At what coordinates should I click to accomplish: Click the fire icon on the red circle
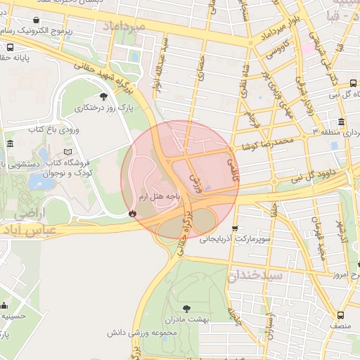tap(131, 213)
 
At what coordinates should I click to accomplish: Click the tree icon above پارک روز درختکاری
tap(104, 96)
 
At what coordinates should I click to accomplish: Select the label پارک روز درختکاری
tap(103, 108)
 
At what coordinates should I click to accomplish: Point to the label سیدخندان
tap(255, 275)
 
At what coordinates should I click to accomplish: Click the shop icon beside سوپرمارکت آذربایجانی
tap(235, 229)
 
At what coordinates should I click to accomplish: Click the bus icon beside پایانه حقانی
tap(9, 47)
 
